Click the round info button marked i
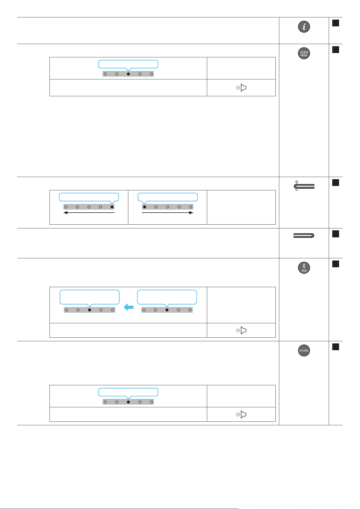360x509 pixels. (304, 27)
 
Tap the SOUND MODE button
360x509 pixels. (304, 53)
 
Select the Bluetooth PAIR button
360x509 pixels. (304, 268)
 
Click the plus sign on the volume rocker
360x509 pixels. (297, 182)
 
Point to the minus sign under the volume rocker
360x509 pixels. (297, 190)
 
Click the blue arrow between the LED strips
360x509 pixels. (129, 307)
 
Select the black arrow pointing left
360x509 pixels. (89, 213)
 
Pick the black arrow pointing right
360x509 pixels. (167, 213)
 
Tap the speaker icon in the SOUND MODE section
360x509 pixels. (241, 88)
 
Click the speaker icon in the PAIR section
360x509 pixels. (241, 330)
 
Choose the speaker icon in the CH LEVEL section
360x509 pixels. (241, 414)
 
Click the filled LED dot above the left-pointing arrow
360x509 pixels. (112, 207)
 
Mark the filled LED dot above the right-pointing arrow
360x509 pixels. (145, 207)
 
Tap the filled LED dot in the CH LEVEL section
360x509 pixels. (128, 402)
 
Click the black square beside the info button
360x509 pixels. (336, 23)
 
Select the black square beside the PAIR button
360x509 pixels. (336, 264)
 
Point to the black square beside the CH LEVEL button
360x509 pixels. (336, 347)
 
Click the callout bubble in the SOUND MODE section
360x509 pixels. (128, 64)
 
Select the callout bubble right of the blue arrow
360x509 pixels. (167, 297)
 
